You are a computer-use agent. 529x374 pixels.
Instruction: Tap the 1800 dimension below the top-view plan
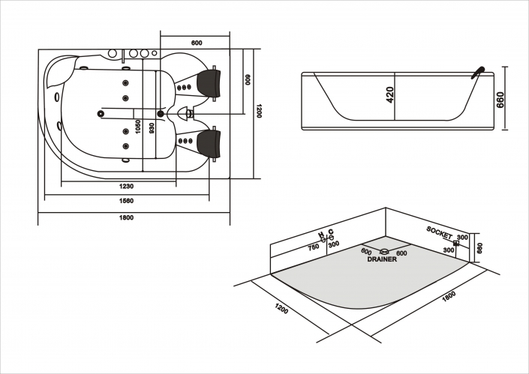(126, 217)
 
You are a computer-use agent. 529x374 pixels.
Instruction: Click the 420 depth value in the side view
(390, 94)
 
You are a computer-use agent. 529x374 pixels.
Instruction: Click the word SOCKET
(439, 232)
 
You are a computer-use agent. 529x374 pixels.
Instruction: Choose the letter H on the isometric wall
(321, 235)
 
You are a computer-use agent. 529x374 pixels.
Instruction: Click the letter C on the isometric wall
(330, 234)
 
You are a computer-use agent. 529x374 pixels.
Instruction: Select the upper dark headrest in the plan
(210, 77)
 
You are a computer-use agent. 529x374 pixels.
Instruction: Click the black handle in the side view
(476, 71)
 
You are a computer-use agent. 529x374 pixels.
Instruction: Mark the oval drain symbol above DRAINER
(384, 252)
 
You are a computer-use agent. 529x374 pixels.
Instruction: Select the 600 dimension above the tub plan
(197, 43)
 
